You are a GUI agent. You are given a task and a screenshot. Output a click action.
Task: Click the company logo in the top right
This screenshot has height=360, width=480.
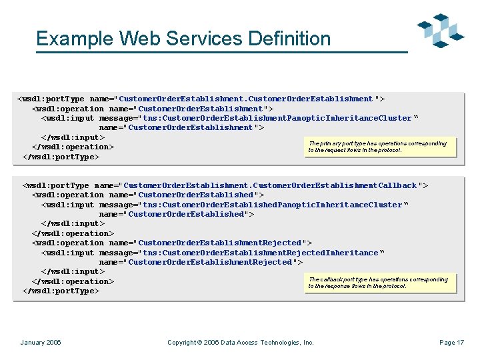pyautogui.click(x=440, y=30)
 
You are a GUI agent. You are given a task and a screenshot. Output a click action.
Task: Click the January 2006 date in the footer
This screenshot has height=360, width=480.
pyautogui.click(x=41, y=343)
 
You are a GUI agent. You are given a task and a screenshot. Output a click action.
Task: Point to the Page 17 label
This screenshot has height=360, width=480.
pyautogui.click(x=451, y=343)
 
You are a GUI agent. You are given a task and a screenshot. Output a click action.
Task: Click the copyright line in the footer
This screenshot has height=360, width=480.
pyautogui.click(x=240, y=343)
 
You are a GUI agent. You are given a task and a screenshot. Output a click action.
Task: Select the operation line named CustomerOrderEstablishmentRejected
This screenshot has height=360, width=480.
pyautogui.click(x=172, y=243)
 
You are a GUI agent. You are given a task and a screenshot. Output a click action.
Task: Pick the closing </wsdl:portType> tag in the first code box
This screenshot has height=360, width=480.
pyautogui.click(x=61, y=157)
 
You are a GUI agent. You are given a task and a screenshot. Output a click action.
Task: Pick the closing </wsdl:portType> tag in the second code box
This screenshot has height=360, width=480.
pyautogui.click(x=61, y=291)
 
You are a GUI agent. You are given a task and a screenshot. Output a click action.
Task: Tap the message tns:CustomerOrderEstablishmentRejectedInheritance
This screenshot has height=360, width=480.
pyautogui.click(x=213, y=253)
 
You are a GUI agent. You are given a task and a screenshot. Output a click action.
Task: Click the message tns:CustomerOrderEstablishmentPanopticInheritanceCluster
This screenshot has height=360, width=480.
pyautogui.click(x=230, y=118)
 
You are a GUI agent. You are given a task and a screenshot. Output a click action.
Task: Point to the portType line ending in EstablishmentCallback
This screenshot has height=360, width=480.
pyautogui.click(x=225, y=185)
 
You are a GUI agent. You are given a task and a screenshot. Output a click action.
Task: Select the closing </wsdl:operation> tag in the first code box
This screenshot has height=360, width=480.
pyautogui.click(x=73, y=147)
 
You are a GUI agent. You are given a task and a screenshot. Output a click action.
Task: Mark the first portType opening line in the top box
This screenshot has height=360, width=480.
pyautogui.click(x=201, y=99)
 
